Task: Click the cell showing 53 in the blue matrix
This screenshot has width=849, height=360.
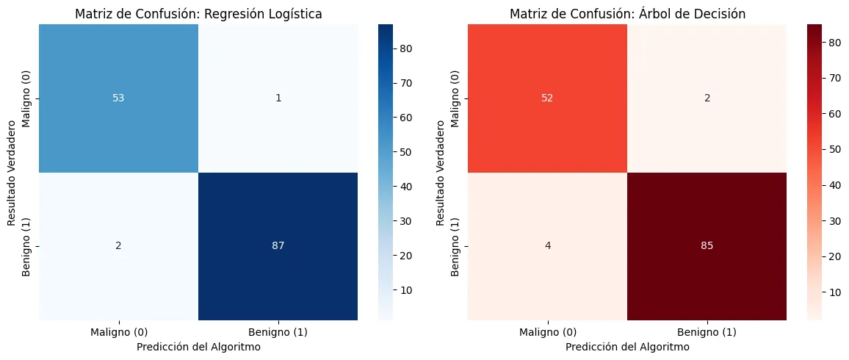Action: tap(118, 98)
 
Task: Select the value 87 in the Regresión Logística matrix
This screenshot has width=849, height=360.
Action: tap(278, 246)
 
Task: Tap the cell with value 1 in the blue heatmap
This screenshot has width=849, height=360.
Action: tap(278, 98)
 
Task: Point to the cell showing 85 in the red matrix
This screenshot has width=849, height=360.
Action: tap(707, 246)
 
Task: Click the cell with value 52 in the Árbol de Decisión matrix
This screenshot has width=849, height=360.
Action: tap(547, 98)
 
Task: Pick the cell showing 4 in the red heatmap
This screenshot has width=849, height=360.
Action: tap(547, 246)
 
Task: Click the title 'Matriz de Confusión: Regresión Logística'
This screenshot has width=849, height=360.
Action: tap(199, 14)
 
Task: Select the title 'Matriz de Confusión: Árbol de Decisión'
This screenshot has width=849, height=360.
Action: tap(627, 14)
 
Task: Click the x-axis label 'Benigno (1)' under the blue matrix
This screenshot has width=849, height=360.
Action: tap(278, 332)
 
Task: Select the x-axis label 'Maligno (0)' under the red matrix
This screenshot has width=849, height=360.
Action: tap(547, 332)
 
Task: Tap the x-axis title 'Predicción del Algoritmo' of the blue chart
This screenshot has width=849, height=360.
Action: tap(199, 347)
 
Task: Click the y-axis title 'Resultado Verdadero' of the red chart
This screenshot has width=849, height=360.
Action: tap(441, 173)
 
